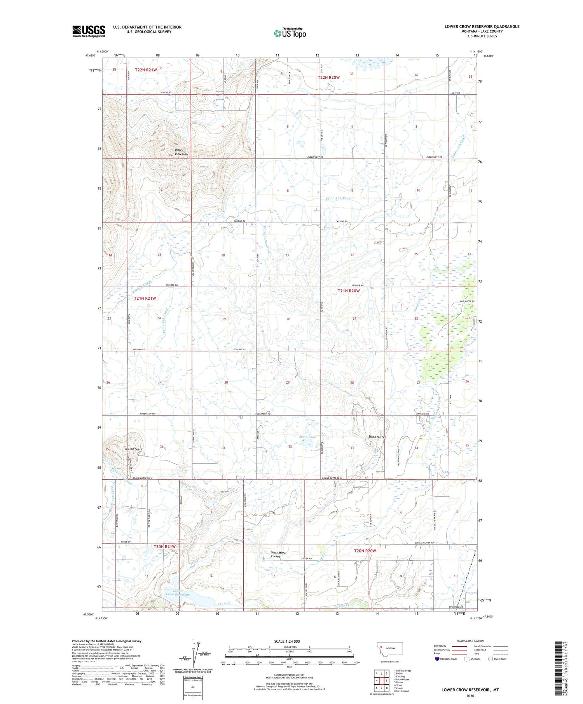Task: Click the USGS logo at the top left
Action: click(89, 31)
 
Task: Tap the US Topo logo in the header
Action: click(290, 33)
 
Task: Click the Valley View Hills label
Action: click(181, 152)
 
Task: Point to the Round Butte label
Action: click(134, 449)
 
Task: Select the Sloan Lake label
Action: click(307, 437)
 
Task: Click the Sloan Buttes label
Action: click(377, 437)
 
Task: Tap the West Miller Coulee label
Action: click(279, 555)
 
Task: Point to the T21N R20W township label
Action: click(349, 290)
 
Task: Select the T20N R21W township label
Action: click(164, 546)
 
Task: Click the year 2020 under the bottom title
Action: click(470, 696)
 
